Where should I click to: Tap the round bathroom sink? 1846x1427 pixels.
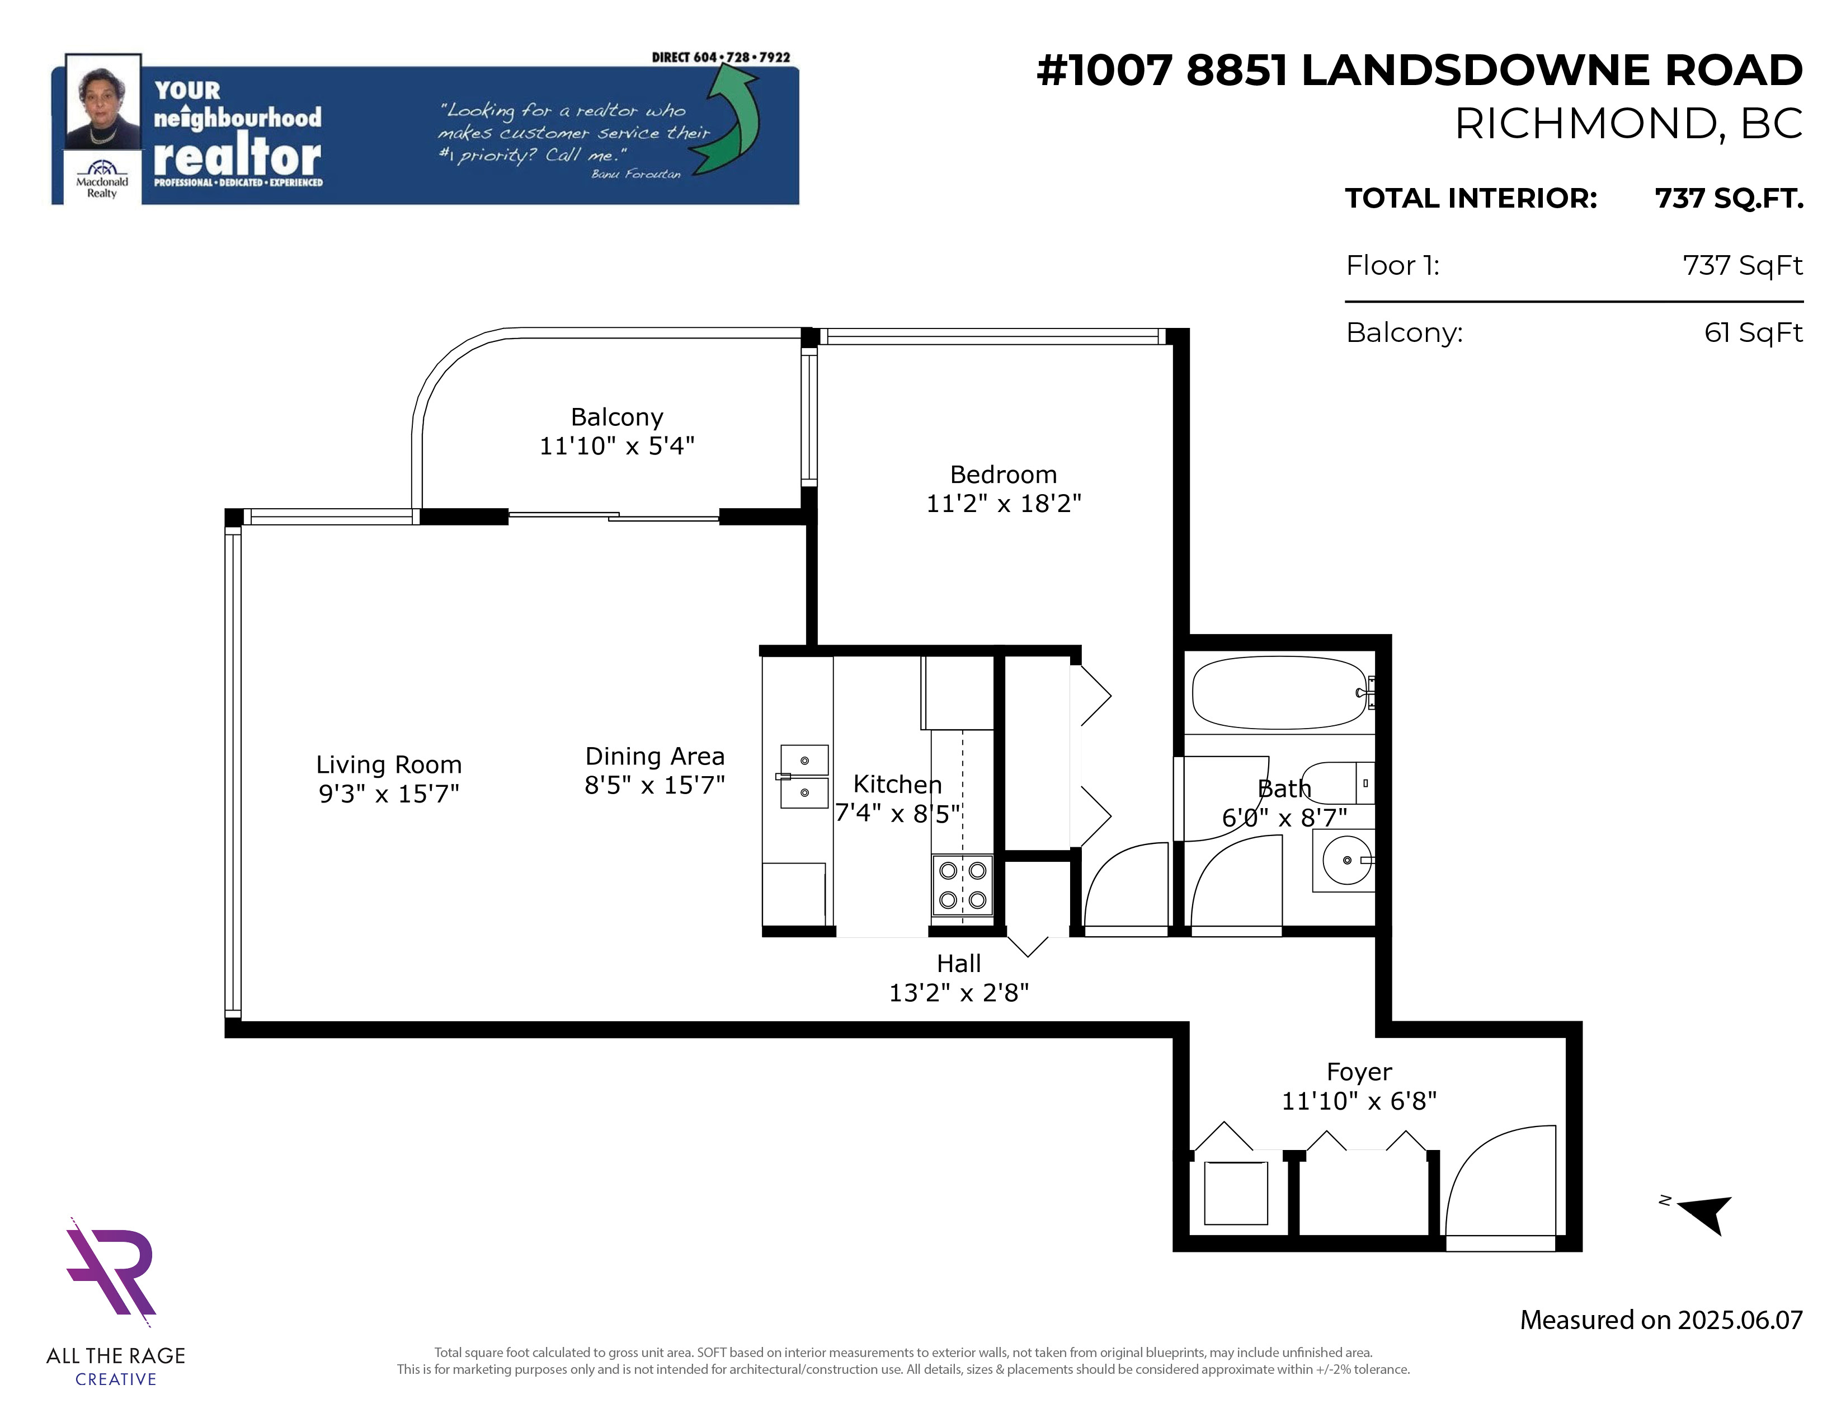click(x=1346, y=860)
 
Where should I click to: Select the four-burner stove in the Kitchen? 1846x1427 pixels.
click(x=963, y=885)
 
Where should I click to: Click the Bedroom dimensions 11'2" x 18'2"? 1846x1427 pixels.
click(x=1004, y=503)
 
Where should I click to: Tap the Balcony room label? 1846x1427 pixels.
click(x=617, y=417)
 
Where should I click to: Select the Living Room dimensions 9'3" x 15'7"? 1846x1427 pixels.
click(x=389, y=793)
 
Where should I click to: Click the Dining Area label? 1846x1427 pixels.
click(x=655, y=756)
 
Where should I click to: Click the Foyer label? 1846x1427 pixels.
click(x=1359, y=1072)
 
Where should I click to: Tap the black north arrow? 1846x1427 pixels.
click(x=1702, y=1214)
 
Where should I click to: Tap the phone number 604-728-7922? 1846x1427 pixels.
click(x=741, y=58)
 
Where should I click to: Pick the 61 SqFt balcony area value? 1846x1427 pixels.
click(x=1753, y=332)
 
